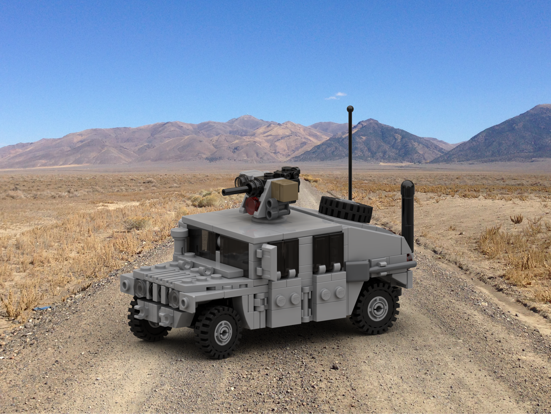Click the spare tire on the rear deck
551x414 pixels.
tap(346, 209)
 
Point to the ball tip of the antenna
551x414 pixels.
tap(350, 109)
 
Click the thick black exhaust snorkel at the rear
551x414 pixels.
tap(408, 212)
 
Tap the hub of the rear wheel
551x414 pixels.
tap(377, 308)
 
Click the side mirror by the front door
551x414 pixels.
tap(269, 261)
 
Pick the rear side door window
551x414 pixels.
tap(328, 248)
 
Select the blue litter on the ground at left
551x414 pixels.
tap(42, 308)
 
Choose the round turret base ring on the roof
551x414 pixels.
tap(268, 218)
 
